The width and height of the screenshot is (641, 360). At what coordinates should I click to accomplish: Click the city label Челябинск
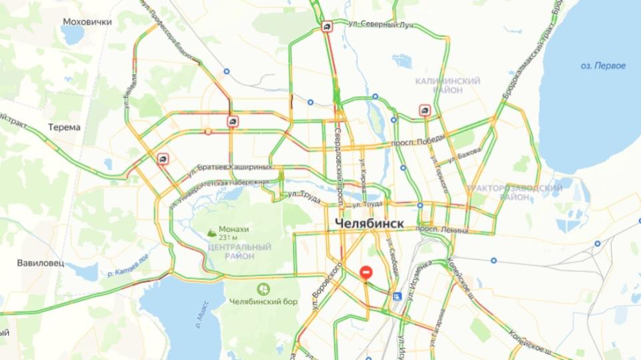(x=369, y=223)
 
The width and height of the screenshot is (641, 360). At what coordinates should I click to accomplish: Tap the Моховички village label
(x=87, y=21)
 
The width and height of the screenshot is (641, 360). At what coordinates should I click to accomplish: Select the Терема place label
(x=65, y=127)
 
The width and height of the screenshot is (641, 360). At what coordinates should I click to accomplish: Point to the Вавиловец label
(x=41, y=263)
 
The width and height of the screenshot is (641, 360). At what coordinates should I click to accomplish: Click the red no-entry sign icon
(x=366, y=273)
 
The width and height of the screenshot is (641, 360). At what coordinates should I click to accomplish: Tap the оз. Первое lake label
(x=603, y=65)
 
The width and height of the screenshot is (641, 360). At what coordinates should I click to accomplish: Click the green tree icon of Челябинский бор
(x=263, y=289)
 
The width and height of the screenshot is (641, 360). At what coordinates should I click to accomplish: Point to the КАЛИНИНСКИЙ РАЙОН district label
(x=448, y=85)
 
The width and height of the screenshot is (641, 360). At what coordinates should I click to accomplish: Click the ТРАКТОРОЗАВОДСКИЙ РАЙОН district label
(x=514, y=193)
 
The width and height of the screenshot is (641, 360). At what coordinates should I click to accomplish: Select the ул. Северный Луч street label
(x=381, y=24)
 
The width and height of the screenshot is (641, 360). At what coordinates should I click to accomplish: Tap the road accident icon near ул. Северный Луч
(x=327, y=27)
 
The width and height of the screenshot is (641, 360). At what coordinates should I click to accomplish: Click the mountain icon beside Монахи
(x=212, y=233)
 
